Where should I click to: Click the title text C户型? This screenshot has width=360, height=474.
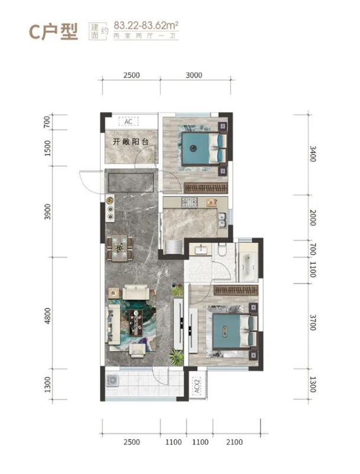click(53, 31)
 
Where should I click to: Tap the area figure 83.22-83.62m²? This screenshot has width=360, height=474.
click(146, 25)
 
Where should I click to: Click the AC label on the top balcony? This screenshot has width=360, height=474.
click(128, 121)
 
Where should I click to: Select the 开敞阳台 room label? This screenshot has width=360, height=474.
click(130, 141)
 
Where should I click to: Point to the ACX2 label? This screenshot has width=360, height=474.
click(197, 385)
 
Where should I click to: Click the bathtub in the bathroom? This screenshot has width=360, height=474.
click(248, 267)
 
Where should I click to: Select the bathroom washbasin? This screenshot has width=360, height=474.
click(201, 250)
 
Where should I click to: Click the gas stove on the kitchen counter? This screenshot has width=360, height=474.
click(189, 202)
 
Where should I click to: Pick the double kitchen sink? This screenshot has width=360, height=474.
click(223, 220)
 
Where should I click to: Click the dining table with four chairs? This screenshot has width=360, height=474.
click(120, 248)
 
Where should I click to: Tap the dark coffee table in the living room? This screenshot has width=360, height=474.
click(136, 322)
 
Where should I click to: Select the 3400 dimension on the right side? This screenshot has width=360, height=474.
click(313, 154)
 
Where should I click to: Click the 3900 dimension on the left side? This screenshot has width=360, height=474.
click(47, 212)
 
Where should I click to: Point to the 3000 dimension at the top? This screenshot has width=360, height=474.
click(194, 75)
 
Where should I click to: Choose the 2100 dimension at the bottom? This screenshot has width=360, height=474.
click(234, 442)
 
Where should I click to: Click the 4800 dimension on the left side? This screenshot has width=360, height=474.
click(47, 316)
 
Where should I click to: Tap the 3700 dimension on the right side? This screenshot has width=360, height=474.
click(313, 323)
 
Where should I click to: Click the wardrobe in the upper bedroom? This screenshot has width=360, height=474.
click(205, 188)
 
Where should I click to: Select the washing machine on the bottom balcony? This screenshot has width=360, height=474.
click(112, 381)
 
